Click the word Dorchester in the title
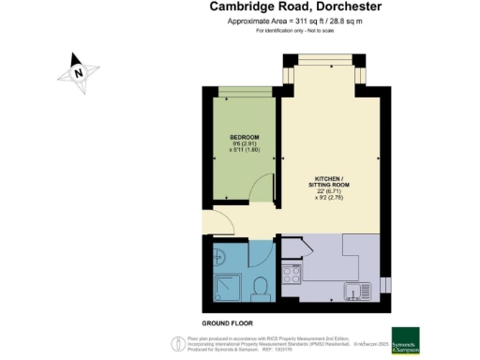(304, 7)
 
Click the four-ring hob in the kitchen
(290, 275)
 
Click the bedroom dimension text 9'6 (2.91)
(244, 147)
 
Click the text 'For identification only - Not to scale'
(288, 31)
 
